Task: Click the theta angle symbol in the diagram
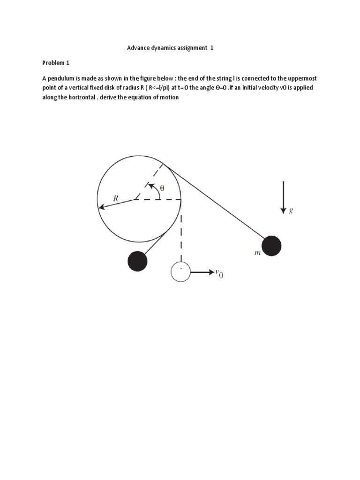coord(163,187)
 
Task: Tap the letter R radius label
coord(115,198)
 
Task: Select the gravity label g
coord(291,210)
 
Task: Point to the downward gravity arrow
coord(283,197)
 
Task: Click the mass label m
coord(257,253)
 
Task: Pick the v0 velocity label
coord(219,274)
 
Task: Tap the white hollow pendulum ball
coord(180,272)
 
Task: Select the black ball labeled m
coord(271,246)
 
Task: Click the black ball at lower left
coord(137,261)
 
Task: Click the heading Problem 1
coord(56,62)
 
